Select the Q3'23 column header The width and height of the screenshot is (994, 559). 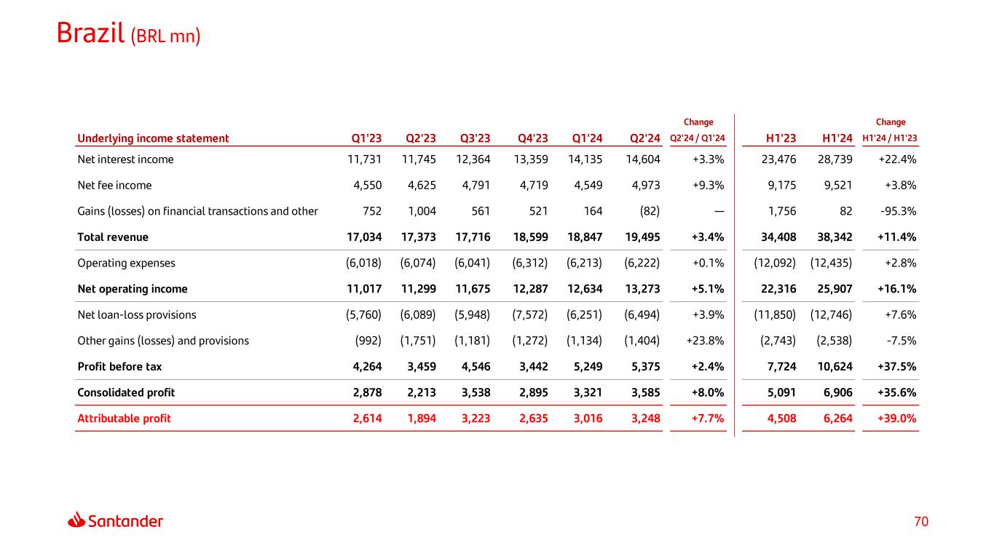pyautogui.click(x=475, y=138)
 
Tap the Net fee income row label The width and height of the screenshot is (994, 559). pyautogui.click(x=114, y=186)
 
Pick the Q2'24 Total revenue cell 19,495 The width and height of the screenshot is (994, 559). pyautogui.click(x=642, y=237)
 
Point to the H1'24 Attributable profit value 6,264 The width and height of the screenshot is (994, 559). pyautogui.click(x=836, y=419)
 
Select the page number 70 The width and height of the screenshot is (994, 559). pyautogui.click(x=922, y=521)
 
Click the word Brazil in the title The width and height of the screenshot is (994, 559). pyautogui.click(x=90, y=33)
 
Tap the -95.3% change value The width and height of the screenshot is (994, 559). pyautogui.click(x=899, y=211)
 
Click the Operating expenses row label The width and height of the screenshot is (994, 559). pyautogui.click(x=126, y=263)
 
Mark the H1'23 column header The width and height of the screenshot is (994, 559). pyautogui.click(x=781, y=138)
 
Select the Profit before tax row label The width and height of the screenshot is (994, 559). pyautogui.click(x=119, y=367)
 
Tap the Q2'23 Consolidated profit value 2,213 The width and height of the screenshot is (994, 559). pyautogui.click(x=419, y=393)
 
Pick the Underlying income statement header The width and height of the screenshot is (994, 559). pyautogui.click(x=153, y=138)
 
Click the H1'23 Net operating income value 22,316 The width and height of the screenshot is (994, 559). pyautogui.click(x=778, y=289)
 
